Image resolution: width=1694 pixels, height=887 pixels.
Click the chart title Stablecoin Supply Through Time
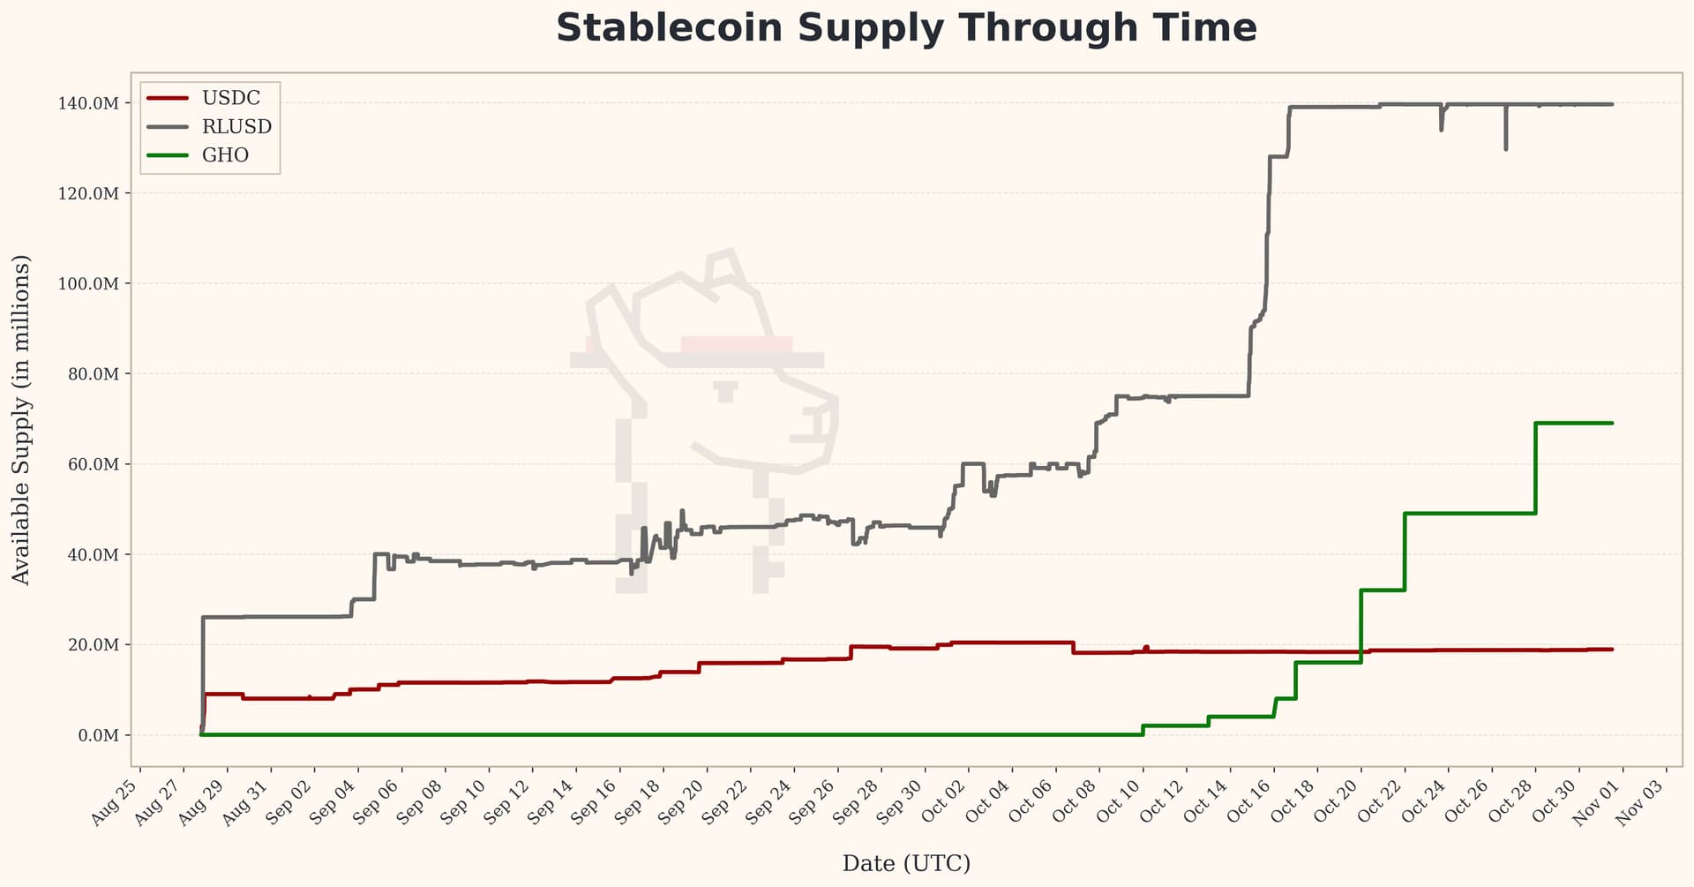(906, 28)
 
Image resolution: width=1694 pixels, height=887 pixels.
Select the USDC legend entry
(230, 98)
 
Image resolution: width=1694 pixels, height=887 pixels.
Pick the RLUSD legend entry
(236, 126)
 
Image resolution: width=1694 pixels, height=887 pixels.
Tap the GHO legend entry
(225, 155)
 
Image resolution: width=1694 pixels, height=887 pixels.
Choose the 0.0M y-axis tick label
(98, 735)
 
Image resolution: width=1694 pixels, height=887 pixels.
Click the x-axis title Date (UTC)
(906, 863)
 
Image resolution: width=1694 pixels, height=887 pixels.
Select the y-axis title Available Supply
(21, 419)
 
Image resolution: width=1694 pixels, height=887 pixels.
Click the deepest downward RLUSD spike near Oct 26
(1505, 147)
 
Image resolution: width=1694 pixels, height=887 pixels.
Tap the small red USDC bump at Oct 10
(1146, 648)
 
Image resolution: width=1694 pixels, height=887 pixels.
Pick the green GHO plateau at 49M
(1469, 513)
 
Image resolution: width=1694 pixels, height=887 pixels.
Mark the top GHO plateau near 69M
(1574, 423)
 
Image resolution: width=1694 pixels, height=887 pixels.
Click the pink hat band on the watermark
(737, 343)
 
